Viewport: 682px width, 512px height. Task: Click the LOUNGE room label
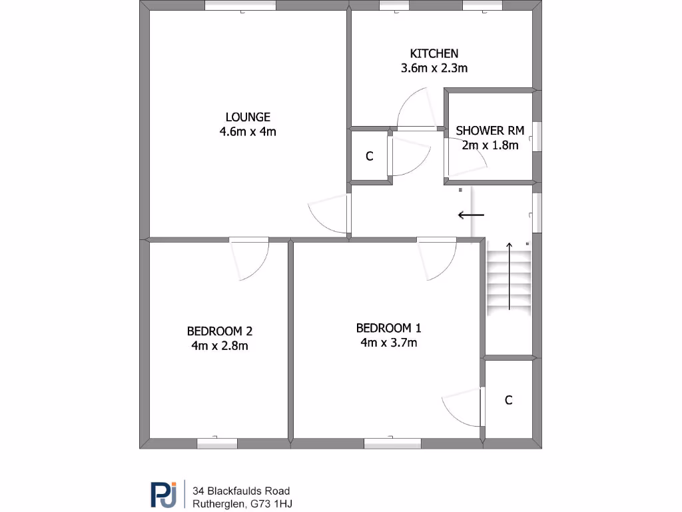coord(247,117)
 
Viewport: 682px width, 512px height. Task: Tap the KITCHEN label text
coord(434,53)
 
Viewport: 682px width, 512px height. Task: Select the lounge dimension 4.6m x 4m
coord(247,131)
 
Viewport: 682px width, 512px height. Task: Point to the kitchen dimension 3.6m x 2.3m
coord(434,68)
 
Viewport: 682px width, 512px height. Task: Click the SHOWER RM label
coord(490,130)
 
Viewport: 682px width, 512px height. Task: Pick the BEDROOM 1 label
coord(388,328)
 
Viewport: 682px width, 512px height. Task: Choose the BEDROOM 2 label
coord(219,331)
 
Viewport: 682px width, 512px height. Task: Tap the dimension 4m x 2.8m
coord(219,345)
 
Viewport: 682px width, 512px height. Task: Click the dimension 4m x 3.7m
coord(388,343)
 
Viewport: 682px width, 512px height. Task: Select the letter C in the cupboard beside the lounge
coord(369,157)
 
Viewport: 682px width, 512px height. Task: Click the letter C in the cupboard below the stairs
coord(508,400)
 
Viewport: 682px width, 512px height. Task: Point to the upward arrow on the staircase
coord(510,277)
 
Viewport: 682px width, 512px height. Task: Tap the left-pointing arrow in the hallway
coord(471,215)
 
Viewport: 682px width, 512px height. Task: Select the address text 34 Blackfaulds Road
coord(241,491)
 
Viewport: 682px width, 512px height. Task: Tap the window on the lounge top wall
coord(240,6)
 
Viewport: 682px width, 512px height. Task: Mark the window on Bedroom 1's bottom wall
coord(392,443)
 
